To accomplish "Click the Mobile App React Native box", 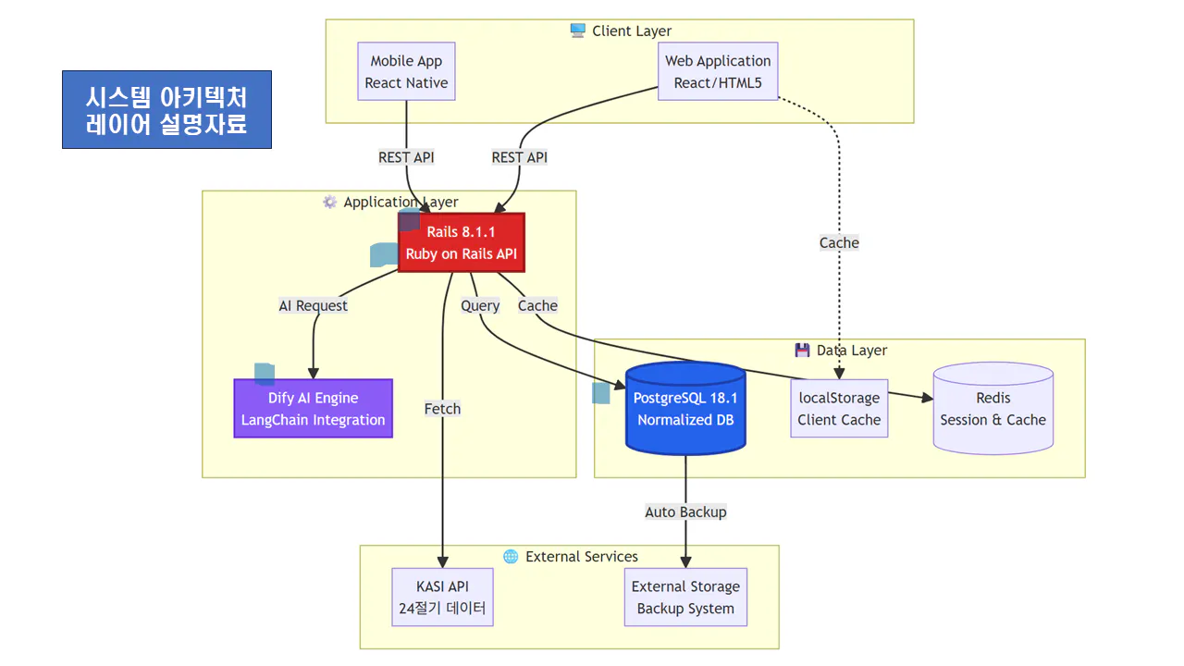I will coord(406,71).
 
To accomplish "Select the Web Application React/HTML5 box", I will coord(718,71).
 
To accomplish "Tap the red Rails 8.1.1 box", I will coord(461,242).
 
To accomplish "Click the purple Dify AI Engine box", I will coord(313,408).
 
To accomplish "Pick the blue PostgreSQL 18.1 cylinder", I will coord(685,408).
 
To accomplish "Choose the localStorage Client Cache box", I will coord(839,408).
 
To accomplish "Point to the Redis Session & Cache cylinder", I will coord(993,408).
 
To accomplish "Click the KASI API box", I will coord(443,597).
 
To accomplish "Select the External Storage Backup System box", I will coord(685,597).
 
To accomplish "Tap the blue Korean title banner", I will coord(166,109).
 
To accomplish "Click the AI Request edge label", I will coord(314,305).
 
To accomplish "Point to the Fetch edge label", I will coord(442,408).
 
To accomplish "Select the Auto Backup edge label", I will coord(685,512).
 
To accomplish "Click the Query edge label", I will coord(480,305).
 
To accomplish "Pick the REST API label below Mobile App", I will coord(406,157).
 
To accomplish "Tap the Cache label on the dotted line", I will coord(839,242).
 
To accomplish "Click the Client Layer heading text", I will coord(632,31).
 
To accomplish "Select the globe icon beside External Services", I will coord(511,556).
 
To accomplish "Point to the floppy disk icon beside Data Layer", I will coord(802,350).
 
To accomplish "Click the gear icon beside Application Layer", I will coord(329,202).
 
